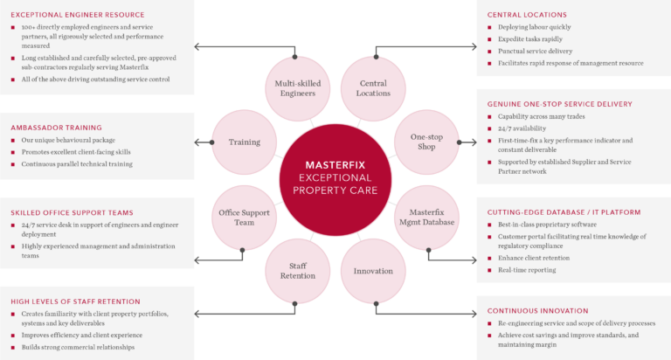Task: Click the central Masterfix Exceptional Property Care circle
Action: pos(336,177)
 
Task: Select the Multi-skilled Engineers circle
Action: pos(294,88)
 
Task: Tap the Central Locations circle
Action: pos(373,88)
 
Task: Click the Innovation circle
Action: pos(373,271)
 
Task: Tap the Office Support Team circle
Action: pos(245,217)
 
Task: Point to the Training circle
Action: pos(245,142)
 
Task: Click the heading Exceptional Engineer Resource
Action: pos(78,15)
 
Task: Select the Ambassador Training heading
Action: pos(57,127)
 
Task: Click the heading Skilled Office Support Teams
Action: pos(73,212)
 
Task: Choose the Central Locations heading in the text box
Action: pos(527,15)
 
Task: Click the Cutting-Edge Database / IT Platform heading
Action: pos(564,212)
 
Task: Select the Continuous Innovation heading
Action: pos(537,310)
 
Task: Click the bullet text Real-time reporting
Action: pos(527,270)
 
